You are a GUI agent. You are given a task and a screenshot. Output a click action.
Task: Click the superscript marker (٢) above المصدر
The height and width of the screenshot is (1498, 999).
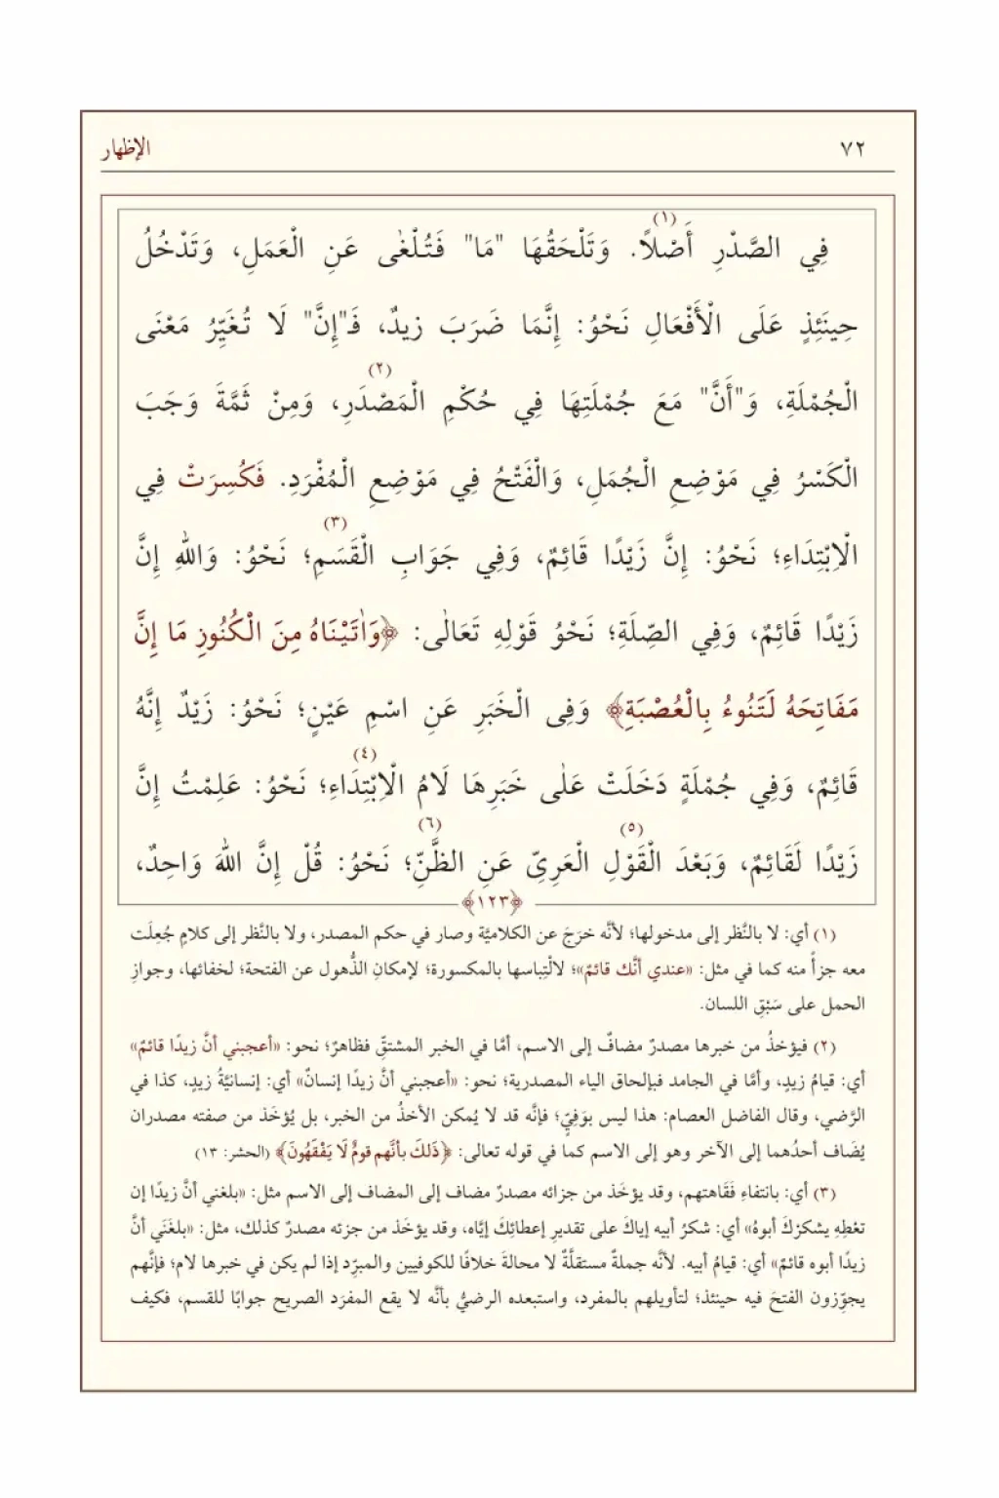tap(379, 370)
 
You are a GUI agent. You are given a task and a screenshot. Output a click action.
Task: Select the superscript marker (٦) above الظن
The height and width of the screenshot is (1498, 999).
tap(430, 826)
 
